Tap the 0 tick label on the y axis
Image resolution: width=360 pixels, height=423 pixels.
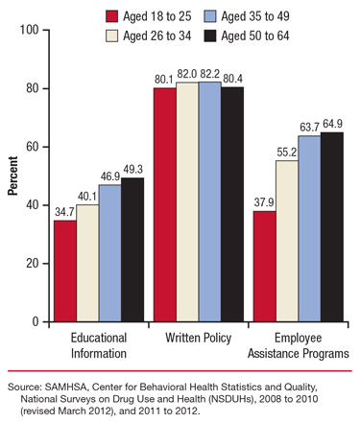pos(34,321)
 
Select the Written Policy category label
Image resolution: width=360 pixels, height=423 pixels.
pos(198,339)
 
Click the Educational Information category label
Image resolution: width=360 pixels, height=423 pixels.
pos(99,346)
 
